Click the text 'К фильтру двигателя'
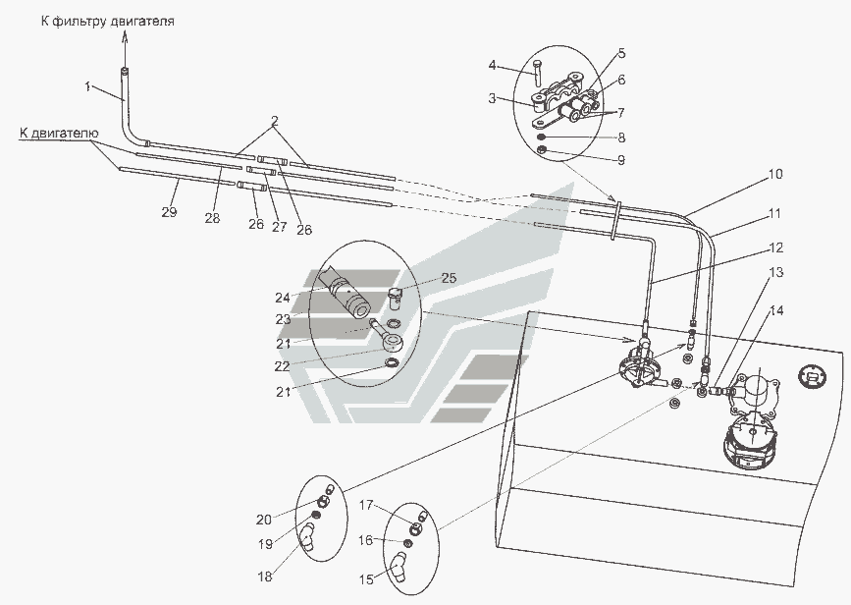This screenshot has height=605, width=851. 108,22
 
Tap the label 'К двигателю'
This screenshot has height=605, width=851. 59,133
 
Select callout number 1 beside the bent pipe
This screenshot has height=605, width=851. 88,86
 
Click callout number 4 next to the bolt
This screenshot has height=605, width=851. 493,66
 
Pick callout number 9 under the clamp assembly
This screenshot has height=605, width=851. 621,160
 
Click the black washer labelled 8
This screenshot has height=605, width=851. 541,137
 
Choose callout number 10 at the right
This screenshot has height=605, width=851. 774,175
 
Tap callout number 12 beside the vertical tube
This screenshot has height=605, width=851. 776,247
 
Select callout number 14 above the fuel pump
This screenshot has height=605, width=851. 776,310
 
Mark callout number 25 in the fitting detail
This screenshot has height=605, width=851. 449,278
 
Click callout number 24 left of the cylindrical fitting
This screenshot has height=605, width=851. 283,297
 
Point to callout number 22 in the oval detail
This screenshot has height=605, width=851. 283,366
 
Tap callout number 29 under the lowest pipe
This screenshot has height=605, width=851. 170,212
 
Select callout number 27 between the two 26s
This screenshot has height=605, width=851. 279,226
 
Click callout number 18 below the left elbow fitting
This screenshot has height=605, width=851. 265,577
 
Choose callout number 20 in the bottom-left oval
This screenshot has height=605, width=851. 264,520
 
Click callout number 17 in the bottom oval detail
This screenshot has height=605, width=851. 366,505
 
